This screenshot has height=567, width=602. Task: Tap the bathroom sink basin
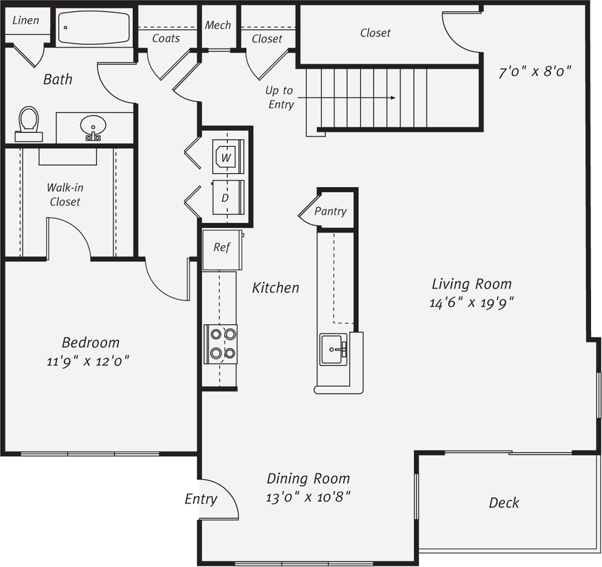93,127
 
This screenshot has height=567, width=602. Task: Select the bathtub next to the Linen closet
93,27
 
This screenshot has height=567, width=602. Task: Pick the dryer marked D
227,197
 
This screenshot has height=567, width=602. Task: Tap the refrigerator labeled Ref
222,249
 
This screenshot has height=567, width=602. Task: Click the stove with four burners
221,344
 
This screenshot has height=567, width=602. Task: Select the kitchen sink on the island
333,349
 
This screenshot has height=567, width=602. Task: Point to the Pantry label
330,211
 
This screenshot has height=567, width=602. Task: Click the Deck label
504,503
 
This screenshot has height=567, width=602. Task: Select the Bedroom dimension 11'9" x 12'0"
89,362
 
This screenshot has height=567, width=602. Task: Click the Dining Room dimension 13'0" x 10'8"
309,497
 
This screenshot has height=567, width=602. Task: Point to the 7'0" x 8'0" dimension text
535,72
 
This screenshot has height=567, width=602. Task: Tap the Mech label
218,25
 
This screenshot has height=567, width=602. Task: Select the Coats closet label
166,38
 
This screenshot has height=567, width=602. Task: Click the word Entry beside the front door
201,499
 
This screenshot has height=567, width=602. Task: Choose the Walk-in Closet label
65,195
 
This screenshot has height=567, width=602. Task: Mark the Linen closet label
26,20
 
